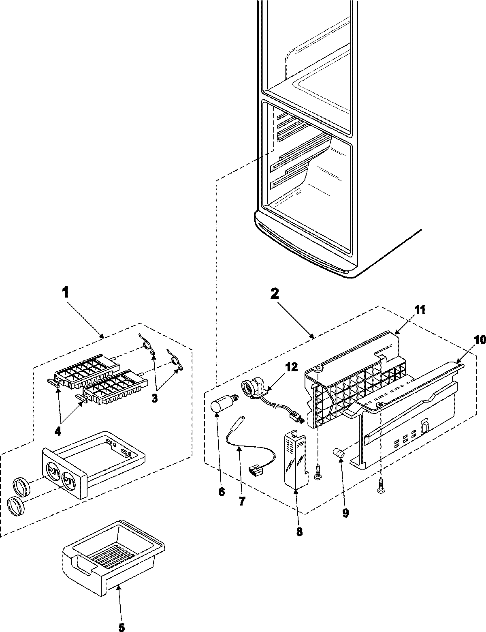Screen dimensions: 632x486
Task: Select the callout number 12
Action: point(291,368)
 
